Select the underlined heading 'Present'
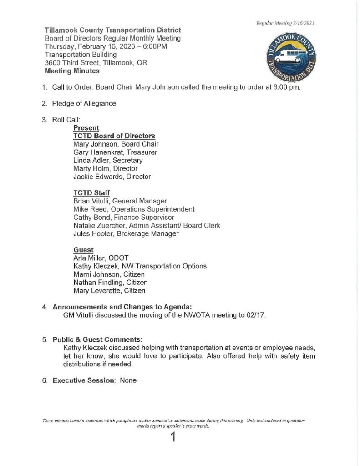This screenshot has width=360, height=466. pyautogui.click(x=86, y=128)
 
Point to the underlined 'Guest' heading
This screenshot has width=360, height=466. pyautogui.click(x=83, y=250)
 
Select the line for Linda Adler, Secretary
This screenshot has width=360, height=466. pyautogui.click(x=108, y=160)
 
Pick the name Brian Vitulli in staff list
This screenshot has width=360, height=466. pyautogui.click(x=92, y=201)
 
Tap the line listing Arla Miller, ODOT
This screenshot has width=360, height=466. pyautogui.click(x=103, y=258)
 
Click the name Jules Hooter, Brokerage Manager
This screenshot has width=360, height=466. pyautogui.click(x=126, y=233)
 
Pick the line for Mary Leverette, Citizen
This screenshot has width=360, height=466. pyautogui.click(x=109, y=291)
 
